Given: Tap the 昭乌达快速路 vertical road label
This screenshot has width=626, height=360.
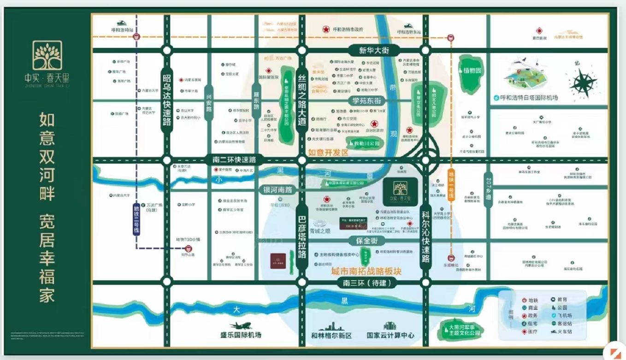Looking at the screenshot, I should tap(167, 100).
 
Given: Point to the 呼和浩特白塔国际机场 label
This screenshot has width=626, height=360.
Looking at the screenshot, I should tap(529, 98).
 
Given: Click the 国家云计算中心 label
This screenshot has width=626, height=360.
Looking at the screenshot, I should tap(390, 336).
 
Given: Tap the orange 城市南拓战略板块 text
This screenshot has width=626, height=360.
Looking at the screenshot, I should tap(366, 271).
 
